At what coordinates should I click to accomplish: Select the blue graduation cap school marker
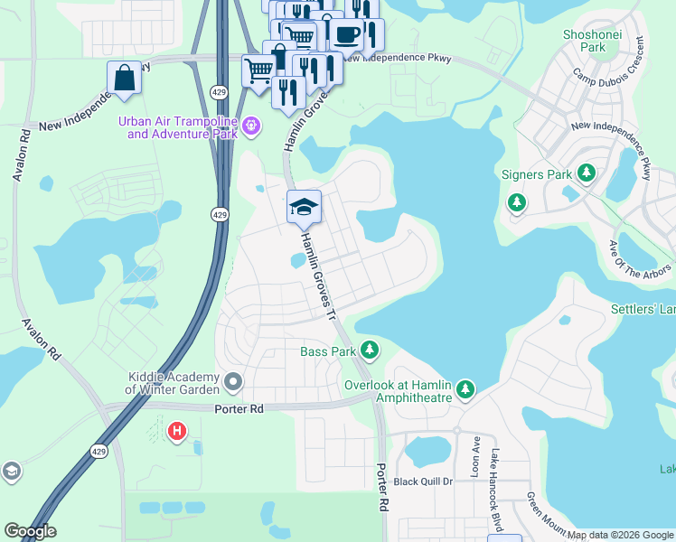point(305,209)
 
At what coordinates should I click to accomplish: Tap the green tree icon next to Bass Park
point(369,350)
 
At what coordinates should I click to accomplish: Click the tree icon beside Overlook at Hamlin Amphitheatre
point(465,389)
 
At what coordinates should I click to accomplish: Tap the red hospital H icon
point(177,431)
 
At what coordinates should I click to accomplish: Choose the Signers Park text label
point(537,173)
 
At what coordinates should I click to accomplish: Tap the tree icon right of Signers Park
point(587,172)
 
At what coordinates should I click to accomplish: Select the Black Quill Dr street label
point(422,481)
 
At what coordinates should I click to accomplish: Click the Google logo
point(31,531)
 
